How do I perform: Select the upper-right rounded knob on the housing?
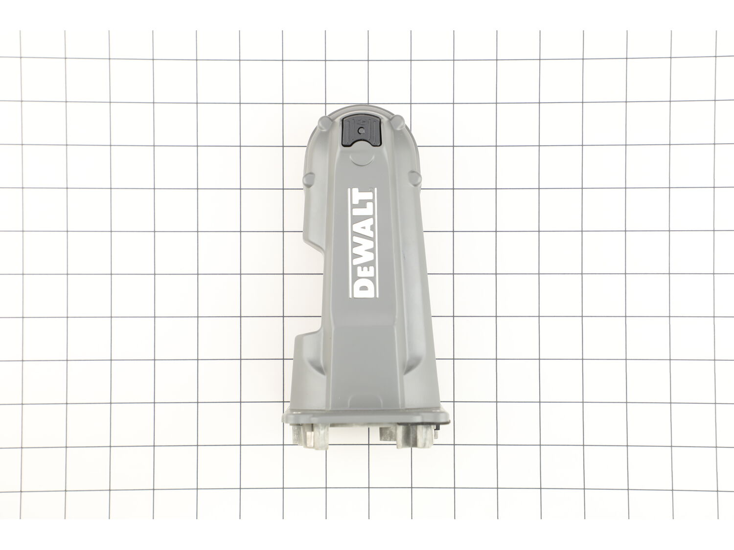coord(399,122)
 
